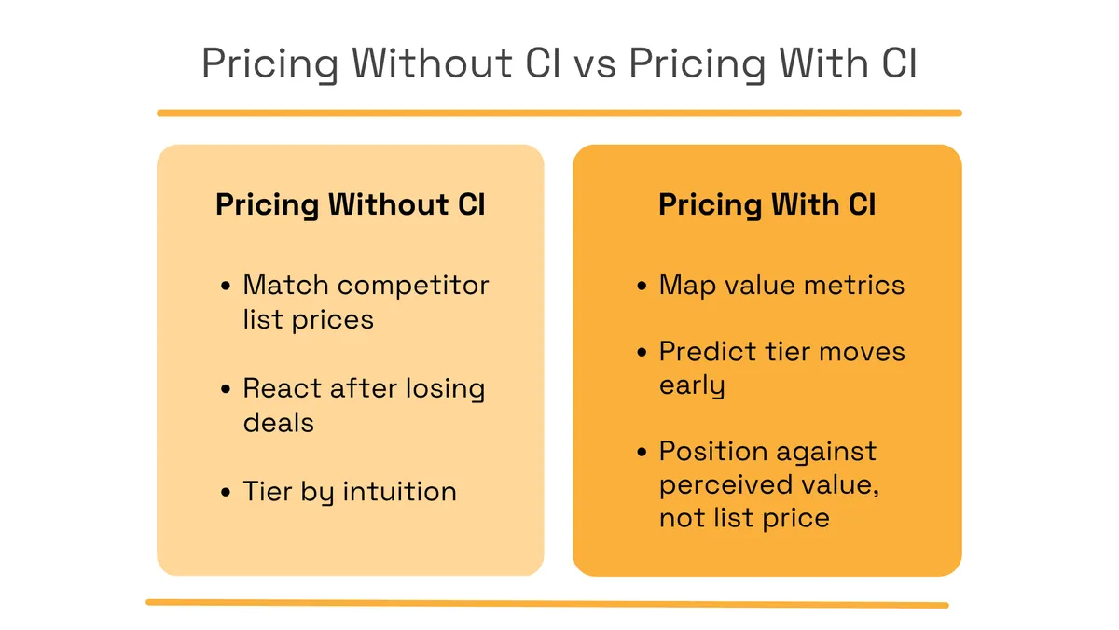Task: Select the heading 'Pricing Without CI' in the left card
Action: click(351, 204)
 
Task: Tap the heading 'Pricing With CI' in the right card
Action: click(767, 204)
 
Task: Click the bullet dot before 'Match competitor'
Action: click(226, 286)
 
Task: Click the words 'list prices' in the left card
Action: click(309, 319)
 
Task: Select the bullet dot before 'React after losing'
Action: click(226, 388)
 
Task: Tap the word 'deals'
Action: click(278, 423)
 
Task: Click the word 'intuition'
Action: click(400, 491)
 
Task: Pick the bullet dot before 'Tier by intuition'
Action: click(226, 492)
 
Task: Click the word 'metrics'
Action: click(854, 285)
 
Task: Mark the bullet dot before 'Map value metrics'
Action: click(642, 286)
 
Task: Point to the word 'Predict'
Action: click(708, 351)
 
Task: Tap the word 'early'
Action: click(692, 386)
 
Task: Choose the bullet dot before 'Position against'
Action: click(642, 452)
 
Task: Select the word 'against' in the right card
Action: click(826, 453)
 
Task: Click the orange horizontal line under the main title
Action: click(559, 113)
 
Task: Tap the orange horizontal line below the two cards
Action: click(547, 604)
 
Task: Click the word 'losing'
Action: click(445, 389)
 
